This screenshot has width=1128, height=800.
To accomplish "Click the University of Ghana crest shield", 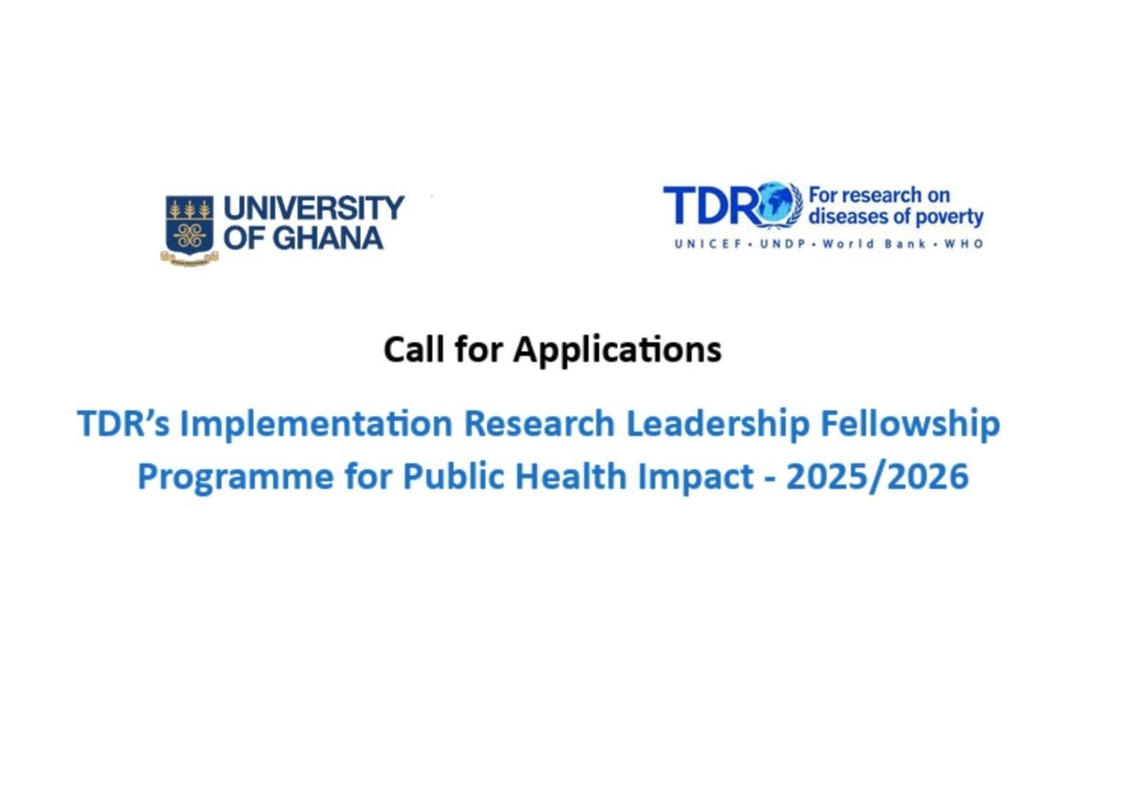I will pos(189,227).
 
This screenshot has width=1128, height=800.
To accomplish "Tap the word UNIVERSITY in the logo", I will pos(314,207).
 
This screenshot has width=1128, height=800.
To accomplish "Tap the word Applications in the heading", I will pos(617,349).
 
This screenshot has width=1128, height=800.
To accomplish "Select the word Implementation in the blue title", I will pos(316,425).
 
